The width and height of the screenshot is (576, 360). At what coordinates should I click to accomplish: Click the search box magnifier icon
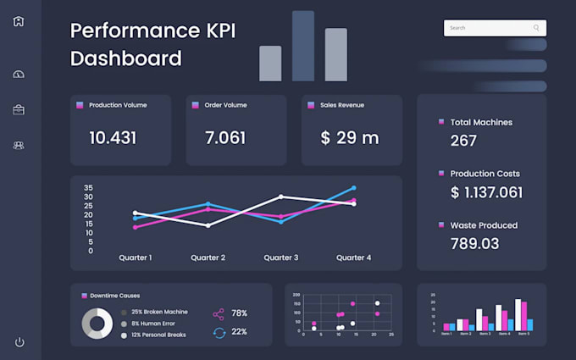536,28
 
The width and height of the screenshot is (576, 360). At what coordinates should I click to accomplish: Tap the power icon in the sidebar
19,342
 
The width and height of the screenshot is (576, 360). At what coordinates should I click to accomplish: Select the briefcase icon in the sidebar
19,109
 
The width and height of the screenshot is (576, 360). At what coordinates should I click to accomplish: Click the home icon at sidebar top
19,21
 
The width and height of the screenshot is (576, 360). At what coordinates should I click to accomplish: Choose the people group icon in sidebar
19,145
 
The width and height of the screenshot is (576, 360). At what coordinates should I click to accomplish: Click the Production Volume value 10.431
113,137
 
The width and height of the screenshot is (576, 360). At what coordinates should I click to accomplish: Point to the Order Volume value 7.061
225,137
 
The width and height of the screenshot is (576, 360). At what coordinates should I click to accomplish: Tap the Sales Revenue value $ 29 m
350,137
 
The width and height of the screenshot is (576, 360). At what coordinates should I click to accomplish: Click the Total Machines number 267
463,141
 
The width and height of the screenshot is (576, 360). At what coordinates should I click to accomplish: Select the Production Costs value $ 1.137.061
486,192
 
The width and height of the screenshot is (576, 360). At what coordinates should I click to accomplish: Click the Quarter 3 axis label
281,258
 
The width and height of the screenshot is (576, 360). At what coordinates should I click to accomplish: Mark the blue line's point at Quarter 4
353,188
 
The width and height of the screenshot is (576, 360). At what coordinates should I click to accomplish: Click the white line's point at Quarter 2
208,225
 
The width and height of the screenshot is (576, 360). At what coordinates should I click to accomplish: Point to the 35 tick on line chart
88,187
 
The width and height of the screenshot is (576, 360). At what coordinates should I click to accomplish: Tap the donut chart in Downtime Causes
97,323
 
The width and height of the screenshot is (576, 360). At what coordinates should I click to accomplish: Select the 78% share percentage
239,313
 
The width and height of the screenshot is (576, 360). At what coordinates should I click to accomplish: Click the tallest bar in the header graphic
302,46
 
